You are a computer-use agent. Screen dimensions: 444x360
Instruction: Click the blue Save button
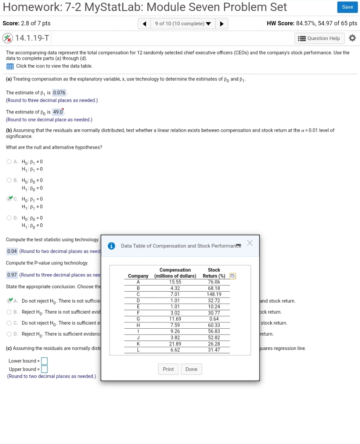point(347,7)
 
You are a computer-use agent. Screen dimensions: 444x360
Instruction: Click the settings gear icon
point(352,38)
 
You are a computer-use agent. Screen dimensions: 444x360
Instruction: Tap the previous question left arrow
point(145,24)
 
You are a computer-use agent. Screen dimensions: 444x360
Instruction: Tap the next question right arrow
point(222,24)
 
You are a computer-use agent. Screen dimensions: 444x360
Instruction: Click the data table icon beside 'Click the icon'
point(10,66)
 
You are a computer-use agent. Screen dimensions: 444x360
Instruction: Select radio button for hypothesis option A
point(9,162)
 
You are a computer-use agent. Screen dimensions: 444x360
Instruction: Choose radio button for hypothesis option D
point(9,218)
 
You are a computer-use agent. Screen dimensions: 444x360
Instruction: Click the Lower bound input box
point(44,361)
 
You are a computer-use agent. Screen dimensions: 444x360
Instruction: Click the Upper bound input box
point(44,369)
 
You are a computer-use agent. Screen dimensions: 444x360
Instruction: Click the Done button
point(191,369)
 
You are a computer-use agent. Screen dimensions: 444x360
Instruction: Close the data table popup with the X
point(250,243)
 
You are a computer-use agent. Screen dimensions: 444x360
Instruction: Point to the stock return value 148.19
point(214,294)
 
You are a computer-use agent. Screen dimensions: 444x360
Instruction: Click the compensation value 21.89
point(175,344)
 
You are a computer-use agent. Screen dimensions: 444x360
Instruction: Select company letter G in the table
point(138,319)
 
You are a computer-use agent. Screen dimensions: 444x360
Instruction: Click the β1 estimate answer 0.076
point(59,93)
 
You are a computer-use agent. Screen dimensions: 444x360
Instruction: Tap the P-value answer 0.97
point(12,275)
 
